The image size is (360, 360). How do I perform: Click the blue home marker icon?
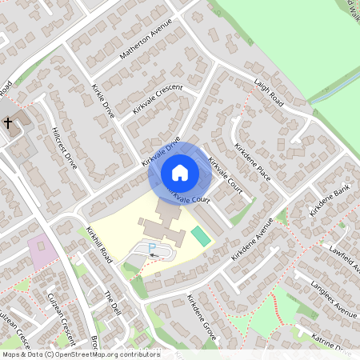(x=180, y=172)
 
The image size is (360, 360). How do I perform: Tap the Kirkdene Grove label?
(x=202, y=319)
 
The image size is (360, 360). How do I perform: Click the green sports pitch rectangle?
(x=201, y=236)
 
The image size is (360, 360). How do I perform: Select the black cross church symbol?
(x=8, y=124)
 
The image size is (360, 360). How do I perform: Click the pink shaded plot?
(x=42, y=252)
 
